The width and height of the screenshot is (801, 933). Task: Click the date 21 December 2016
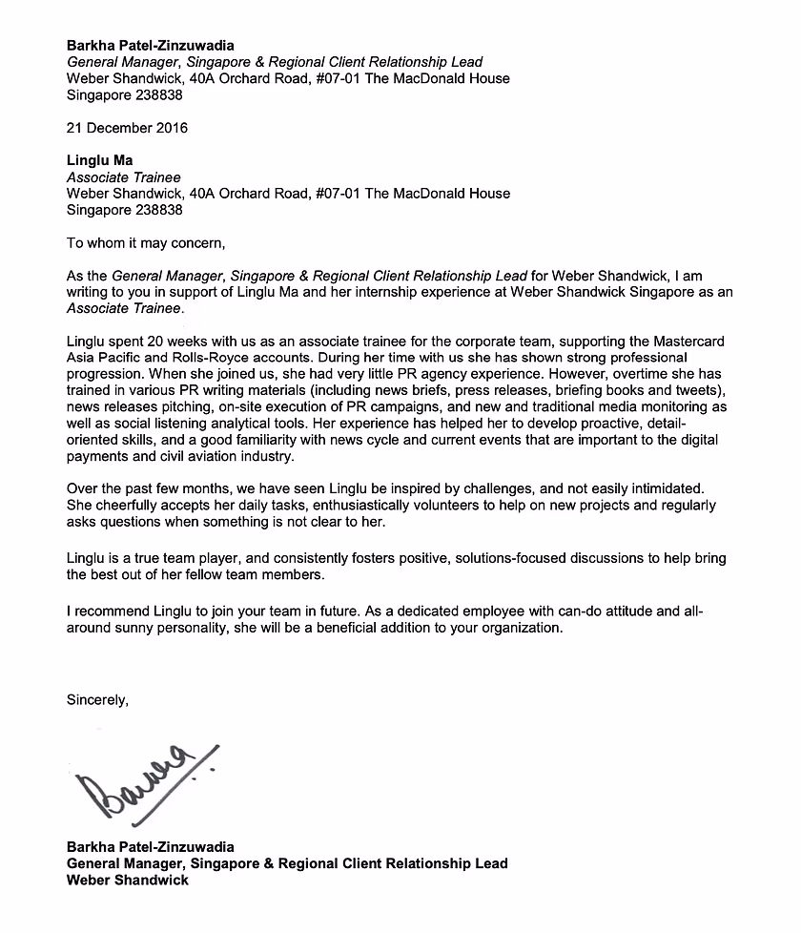(127, 128)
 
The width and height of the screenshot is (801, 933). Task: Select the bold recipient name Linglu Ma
(100, 160)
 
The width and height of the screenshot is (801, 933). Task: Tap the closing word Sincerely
(96, 699)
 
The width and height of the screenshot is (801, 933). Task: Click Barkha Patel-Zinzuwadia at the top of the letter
(150, 45)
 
